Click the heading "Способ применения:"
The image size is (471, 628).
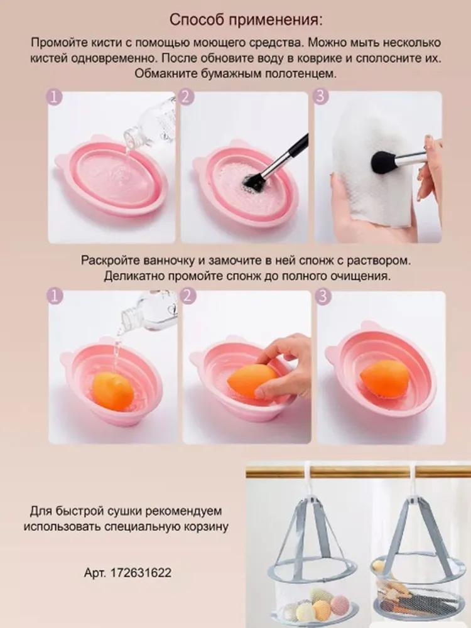(246, 20)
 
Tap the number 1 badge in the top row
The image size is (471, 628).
(56, 98)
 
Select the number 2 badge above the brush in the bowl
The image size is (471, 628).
(187, 97)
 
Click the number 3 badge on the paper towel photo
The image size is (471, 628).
(322, 97)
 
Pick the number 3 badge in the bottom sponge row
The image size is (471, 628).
(323, 296)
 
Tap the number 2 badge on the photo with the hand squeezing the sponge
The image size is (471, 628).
(189, 296)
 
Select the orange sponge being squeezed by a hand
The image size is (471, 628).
(250, 379)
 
